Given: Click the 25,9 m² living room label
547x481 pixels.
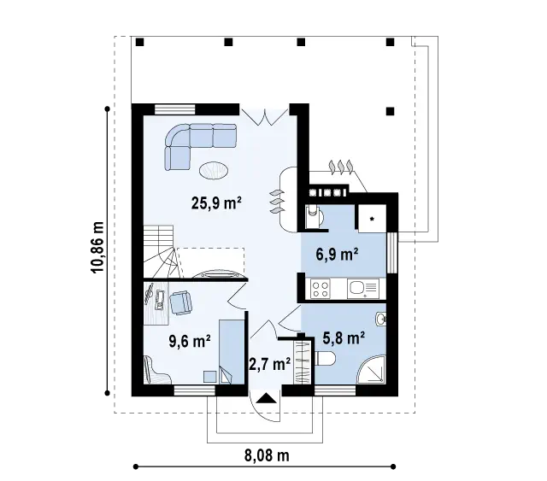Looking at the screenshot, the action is click(x=216, y=203).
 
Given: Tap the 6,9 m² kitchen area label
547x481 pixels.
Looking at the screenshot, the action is click(x=337, y=255).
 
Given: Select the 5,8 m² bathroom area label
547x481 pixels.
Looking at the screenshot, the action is click(x=344, y=337).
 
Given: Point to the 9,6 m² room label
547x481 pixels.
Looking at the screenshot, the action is click(x=190, y=341).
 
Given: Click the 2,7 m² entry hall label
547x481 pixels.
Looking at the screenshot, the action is click(x=270, y=364).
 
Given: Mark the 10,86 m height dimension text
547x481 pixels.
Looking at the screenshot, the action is click(x=98, y=247).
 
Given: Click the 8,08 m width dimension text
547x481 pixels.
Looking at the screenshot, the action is click(x=267, y=455).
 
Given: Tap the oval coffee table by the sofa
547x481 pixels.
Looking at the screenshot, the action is click(x=214, y=171).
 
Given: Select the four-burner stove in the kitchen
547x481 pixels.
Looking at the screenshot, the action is click(x=321, y=289).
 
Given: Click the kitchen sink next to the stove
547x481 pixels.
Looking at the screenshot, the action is click(x=362, y=289).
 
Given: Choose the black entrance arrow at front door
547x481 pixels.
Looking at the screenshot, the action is click(x=267, y=398).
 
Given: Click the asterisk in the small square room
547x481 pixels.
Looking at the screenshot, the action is click(x=373, y=219).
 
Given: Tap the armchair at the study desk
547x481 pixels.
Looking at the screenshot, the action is click(x=180, y=302).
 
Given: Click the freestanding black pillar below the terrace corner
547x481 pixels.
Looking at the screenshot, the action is click(x=390, y=111).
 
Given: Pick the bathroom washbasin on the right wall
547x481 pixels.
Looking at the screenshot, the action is click(x=381, y=319).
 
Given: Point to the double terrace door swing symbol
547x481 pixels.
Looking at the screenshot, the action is click(x=265, y=117).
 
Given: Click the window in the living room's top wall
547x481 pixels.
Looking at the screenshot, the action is click(x=174, y=109).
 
